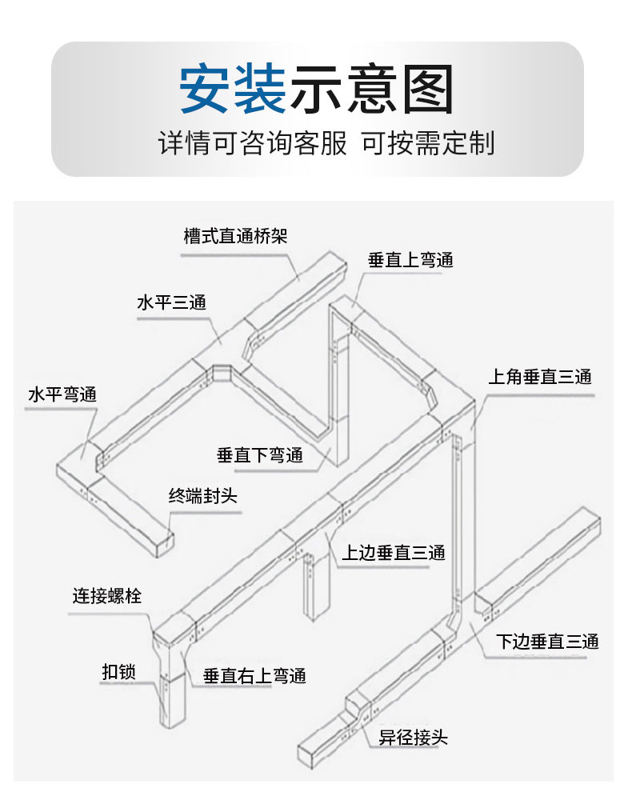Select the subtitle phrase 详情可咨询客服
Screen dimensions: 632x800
pyautogui.click(x=253, y=143)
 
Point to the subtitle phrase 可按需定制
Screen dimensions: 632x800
pyautogui.click(x=428, y=143)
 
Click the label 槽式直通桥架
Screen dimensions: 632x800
pyautogui.click(x=235, y=236)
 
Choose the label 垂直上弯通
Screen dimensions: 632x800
pyautogui.click(x=410, y=260)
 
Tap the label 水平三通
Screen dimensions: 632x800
pyautogui.click(x=171, y=302)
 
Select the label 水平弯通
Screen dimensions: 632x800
pyautogui.click(x=62, y=394)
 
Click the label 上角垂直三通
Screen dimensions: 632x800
pyautogui.click(x=540, y=377)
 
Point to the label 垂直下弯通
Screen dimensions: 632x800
pyautogui.click(x=260, y=455)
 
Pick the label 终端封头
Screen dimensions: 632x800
pyautogui.click(x=203, y=495)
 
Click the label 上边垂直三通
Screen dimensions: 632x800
pyautogui.click(x=394, y=553)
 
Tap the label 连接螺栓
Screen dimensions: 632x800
pyautogui.click(x=106, y=595)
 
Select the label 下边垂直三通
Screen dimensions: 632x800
pyautogui.click(x=547, y=642)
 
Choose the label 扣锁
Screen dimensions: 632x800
pyautogui.click(x=118, y=672)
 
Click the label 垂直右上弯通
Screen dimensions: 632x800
pyautogui.click(x=254, y=676)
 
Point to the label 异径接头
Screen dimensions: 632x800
pyautogui.click(x=413, y=738)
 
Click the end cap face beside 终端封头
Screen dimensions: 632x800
pyautogui.click(x=164, y=546)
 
